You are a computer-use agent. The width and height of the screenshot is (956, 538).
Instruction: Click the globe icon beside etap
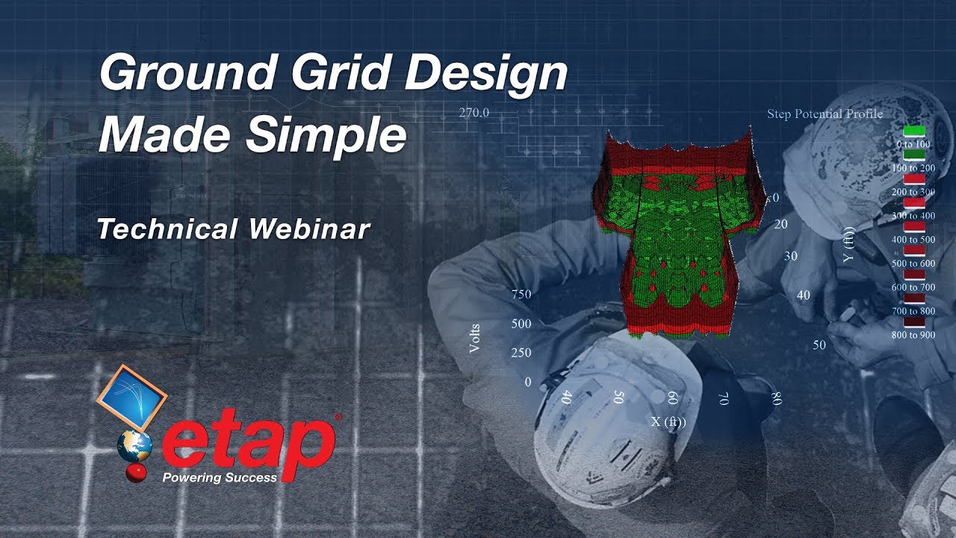coord(134,446)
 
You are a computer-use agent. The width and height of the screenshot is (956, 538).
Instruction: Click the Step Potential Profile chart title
coord(825,114)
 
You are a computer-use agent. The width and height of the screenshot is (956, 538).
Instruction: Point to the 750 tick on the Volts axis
coord(521,294)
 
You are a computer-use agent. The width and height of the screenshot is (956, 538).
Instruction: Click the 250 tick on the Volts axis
coord(521,353)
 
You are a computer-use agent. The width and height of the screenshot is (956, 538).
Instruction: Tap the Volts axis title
coord(476,338)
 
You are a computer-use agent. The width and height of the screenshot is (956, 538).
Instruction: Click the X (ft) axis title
coord(668,422)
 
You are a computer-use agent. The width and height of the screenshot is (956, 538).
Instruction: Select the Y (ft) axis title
coord(848,244)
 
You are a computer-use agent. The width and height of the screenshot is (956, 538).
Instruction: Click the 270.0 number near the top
coord(474,114)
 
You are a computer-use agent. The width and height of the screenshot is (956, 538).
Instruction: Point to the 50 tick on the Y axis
coord(819,345)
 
